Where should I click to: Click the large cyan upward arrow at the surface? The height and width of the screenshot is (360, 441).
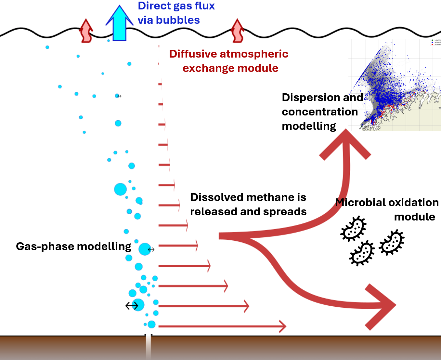coord(119,24)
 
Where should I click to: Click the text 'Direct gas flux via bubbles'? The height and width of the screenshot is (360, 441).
coord(176,13)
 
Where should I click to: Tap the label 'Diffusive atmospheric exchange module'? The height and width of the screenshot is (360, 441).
coord(229,61)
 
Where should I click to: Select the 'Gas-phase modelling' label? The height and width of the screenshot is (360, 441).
coord(73,247)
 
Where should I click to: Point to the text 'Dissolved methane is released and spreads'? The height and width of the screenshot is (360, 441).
coord(248,205)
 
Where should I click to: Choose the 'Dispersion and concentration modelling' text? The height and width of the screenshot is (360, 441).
coord(322,112)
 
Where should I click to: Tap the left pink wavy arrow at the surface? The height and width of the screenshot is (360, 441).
coord(86,31)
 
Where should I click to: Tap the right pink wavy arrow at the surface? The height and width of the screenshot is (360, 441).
coord(238,31)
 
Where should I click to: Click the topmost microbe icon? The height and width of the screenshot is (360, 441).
coord(353,228)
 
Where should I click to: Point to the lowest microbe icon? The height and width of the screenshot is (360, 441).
coord(362,253)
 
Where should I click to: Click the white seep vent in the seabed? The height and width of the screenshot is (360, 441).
coord(149,347)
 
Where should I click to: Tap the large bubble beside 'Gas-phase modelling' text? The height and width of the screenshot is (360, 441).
coord(145,249)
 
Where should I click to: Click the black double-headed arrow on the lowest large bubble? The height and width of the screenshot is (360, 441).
coord(132,306)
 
